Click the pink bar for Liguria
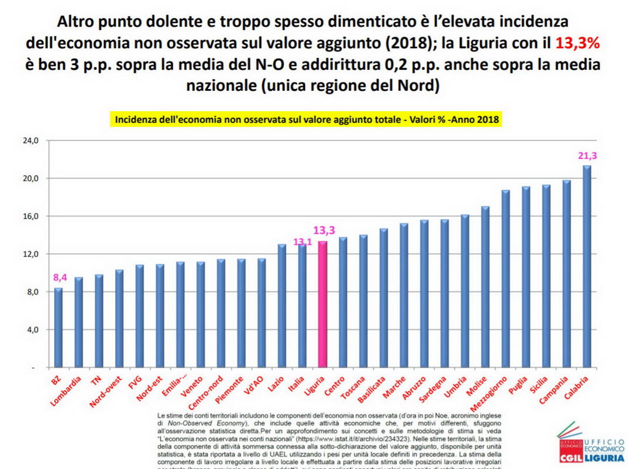click(x=322, y=304)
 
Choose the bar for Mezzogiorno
click(x=505, y=279)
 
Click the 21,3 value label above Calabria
click(x=587, y=156)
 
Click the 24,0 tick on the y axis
click(x=30, y=141)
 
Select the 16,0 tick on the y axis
click(x=30, y=216)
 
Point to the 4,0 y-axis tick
click(x=30, y=330)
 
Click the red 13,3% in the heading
click(x=577, y=44)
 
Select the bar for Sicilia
click(x=546, y=276)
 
